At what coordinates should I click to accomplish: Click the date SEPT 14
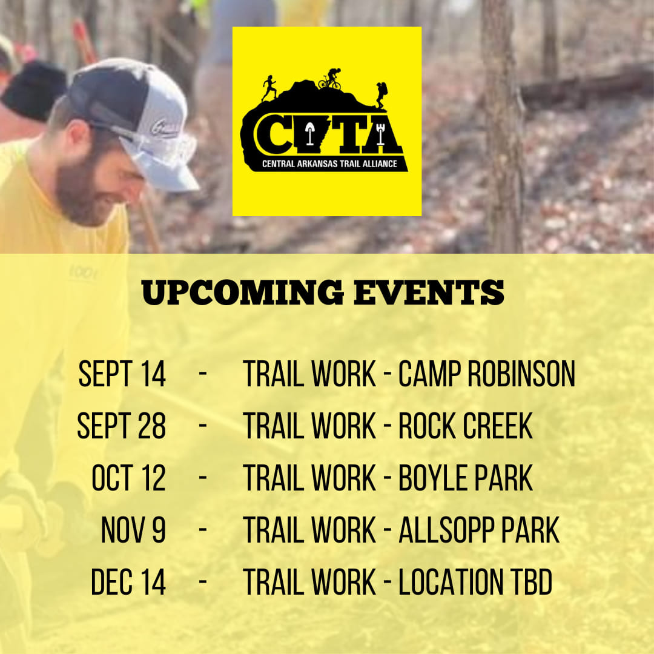(x=122, y=373)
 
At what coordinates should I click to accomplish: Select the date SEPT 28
(x=121, y=426)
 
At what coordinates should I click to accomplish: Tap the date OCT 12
(x=128, y=478)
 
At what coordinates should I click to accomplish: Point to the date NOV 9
(x=133, y=530)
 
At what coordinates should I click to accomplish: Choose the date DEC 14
(x=128, y=582)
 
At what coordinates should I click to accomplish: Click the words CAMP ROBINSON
(x=487, y=373)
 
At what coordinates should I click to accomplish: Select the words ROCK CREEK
(x=466, y=426)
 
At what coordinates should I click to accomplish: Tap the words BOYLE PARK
(x=466, y=478)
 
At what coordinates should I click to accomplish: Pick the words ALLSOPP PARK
(x=479, y=530)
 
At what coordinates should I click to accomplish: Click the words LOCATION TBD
(x=475, y=582)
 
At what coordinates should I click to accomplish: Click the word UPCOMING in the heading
(x=243, y=292)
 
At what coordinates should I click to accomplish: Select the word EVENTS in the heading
(x=429, y=292)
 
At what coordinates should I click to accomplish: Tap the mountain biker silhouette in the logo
(x=330, y=79)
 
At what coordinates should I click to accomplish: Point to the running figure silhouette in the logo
(x=269, y=88)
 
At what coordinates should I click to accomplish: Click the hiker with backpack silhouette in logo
(x=381, y=95)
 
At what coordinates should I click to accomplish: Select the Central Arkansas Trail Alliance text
(x=329, y=164)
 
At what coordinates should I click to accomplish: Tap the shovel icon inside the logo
(x=309, y=133)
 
